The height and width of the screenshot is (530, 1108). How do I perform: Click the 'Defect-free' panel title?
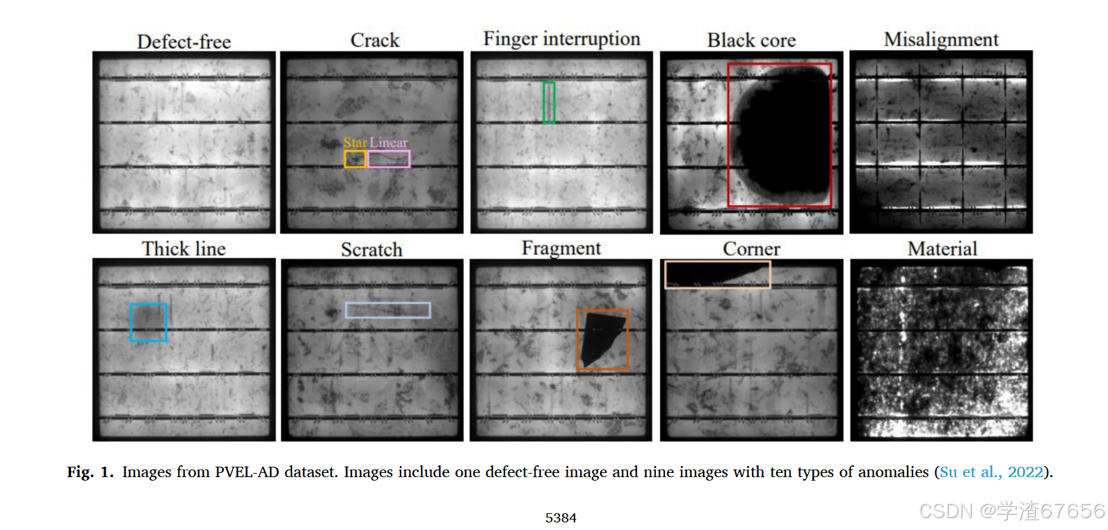(184, 42)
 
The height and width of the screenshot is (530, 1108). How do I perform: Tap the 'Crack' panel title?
(375, 40)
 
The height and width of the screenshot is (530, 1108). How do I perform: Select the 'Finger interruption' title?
(561, 39)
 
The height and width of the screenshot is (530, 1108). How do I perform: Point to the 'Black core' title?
(751, 40)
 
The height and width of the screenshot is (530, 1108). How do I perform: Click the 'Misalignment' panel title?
(941, 40)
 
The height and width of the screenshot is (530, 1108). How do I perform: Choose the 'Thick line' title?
(184, 249)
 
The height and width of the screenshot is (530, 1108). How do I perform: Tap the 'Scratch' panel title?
(371, 250)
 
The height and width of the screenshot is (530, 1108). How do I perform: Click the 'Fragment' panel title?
(561, 248)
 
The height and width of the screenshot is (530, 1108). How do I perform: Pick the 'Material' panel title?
(942, 249)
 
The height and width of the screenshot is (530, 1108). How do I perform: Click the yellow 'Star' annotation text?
(355, 143)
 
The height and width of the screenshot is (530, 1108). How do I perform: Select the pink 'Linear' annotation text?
(389, 143)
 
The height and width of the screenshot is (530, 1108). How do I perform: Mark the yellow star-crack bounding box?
(355, 159)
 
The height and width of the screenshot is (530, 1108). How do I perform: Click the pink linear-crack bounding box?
(389, 159)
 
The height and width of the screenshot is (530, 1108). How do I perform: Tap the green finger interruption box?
(549, 103)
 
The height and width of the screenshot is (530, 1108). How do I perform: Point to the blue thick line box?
(148, 322)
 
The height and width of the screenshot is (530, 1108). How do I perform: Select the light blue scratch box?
(387, 310)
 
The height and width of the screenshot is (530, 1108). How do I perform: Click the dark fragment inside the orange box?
(599, 337)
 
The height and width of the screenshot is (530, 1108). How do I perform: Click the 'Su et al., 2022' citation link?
(991, 472)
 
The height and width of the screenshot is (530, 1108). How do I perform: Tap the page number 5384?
(561, 518)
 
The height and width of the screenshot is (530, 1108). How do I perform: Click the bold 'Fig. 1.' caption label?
(90, 472)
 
